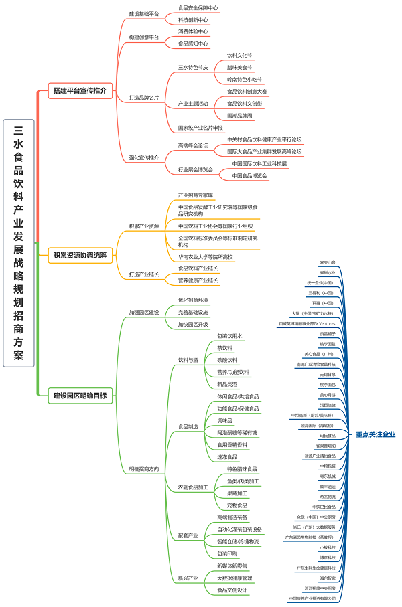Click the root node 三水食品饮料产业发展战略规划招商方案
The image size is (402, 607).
18,243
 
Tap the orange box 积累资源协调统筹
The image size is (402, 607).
79,254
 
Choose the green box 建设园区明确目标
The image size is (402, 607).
79,396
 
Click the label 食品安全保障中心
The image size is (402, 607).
198,8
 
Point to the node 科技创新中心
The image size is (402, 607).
193,20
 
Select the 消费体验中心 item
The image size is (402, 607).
193,31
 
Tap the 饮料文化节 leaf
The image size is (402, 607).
240,56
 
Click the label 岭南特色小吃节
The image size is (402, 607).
245,79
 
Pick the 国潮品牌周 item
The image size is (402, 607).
240,115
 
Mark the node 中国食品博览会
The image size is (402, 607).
250,175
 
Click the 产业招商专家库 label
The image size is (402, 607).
196,195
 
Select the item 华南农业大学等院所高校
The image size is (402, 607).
206,257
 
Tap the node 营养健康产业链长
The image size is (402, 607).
198,280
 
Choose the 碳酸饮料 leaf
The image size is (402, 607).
227,360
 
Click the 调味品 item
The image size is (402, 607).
225,420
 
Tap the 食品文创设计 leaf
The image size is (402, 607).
232,590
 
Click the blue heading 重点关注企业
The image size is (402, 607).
375,434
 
